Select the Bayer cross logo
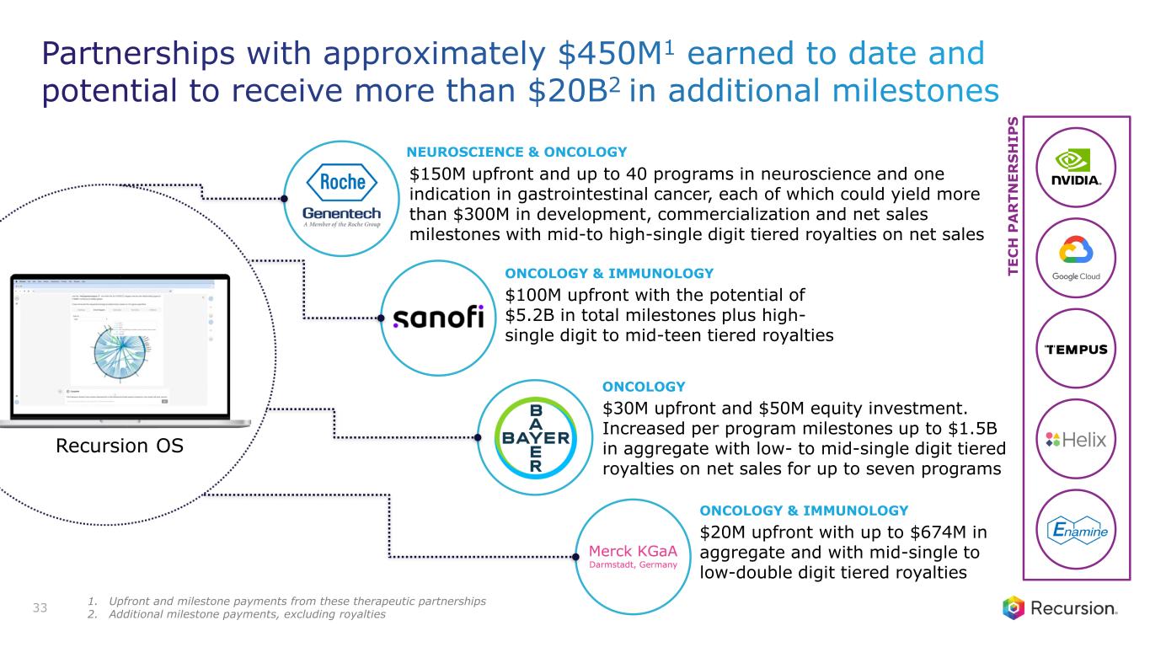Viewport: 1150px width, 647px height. pyautogui.click(x=535, y=438)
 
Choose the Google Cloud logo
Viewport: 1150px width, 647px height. pyautogui.click(x=1075, y=259)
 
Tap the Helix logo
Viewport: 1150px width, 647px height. pyautogui.click(x=1074, y=440)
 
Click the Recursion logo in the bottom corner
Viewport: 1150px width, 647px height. pyautogui.click(x=1059, y=608)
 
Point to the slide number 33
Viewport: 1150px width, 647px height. pyautogui.click(x=40, y=607)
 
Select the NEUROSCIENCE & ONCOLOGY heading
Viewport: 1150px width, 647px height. pyautogui.click(x=516, y=152)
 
